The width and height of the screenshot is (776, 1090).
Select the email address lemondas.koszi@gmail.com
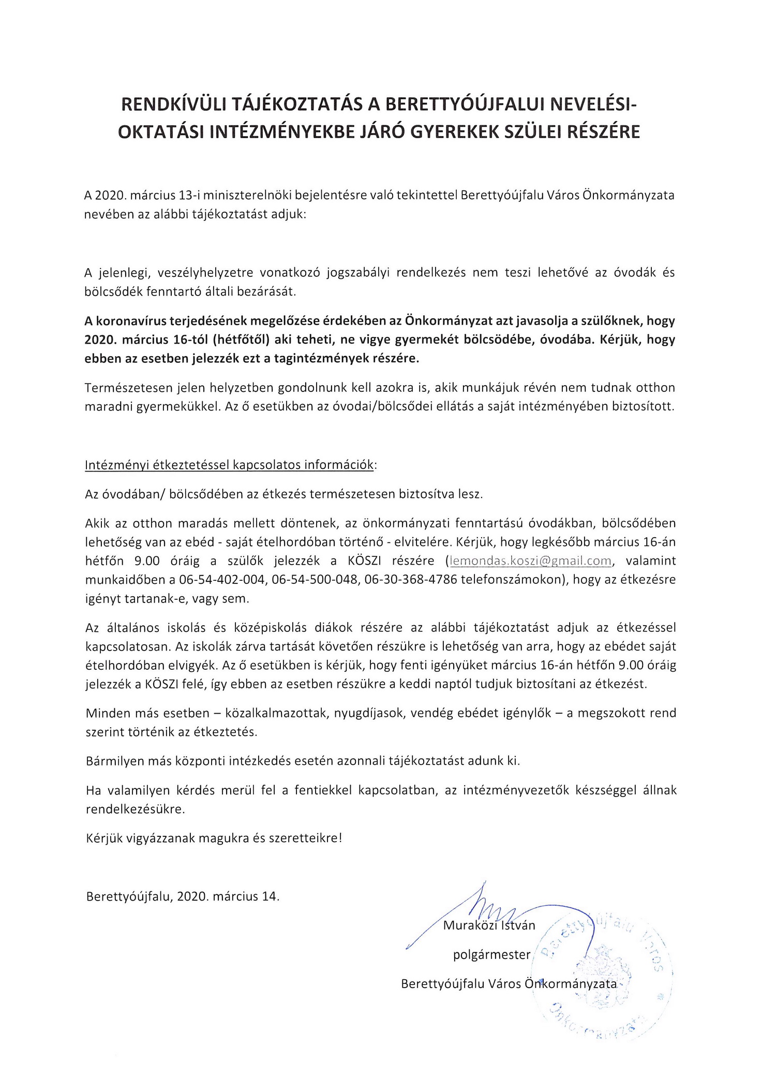(x=531, y=561)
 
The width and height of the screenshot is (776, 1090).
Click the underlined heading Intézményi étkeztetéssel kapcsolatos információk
(x=229, y=465)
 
